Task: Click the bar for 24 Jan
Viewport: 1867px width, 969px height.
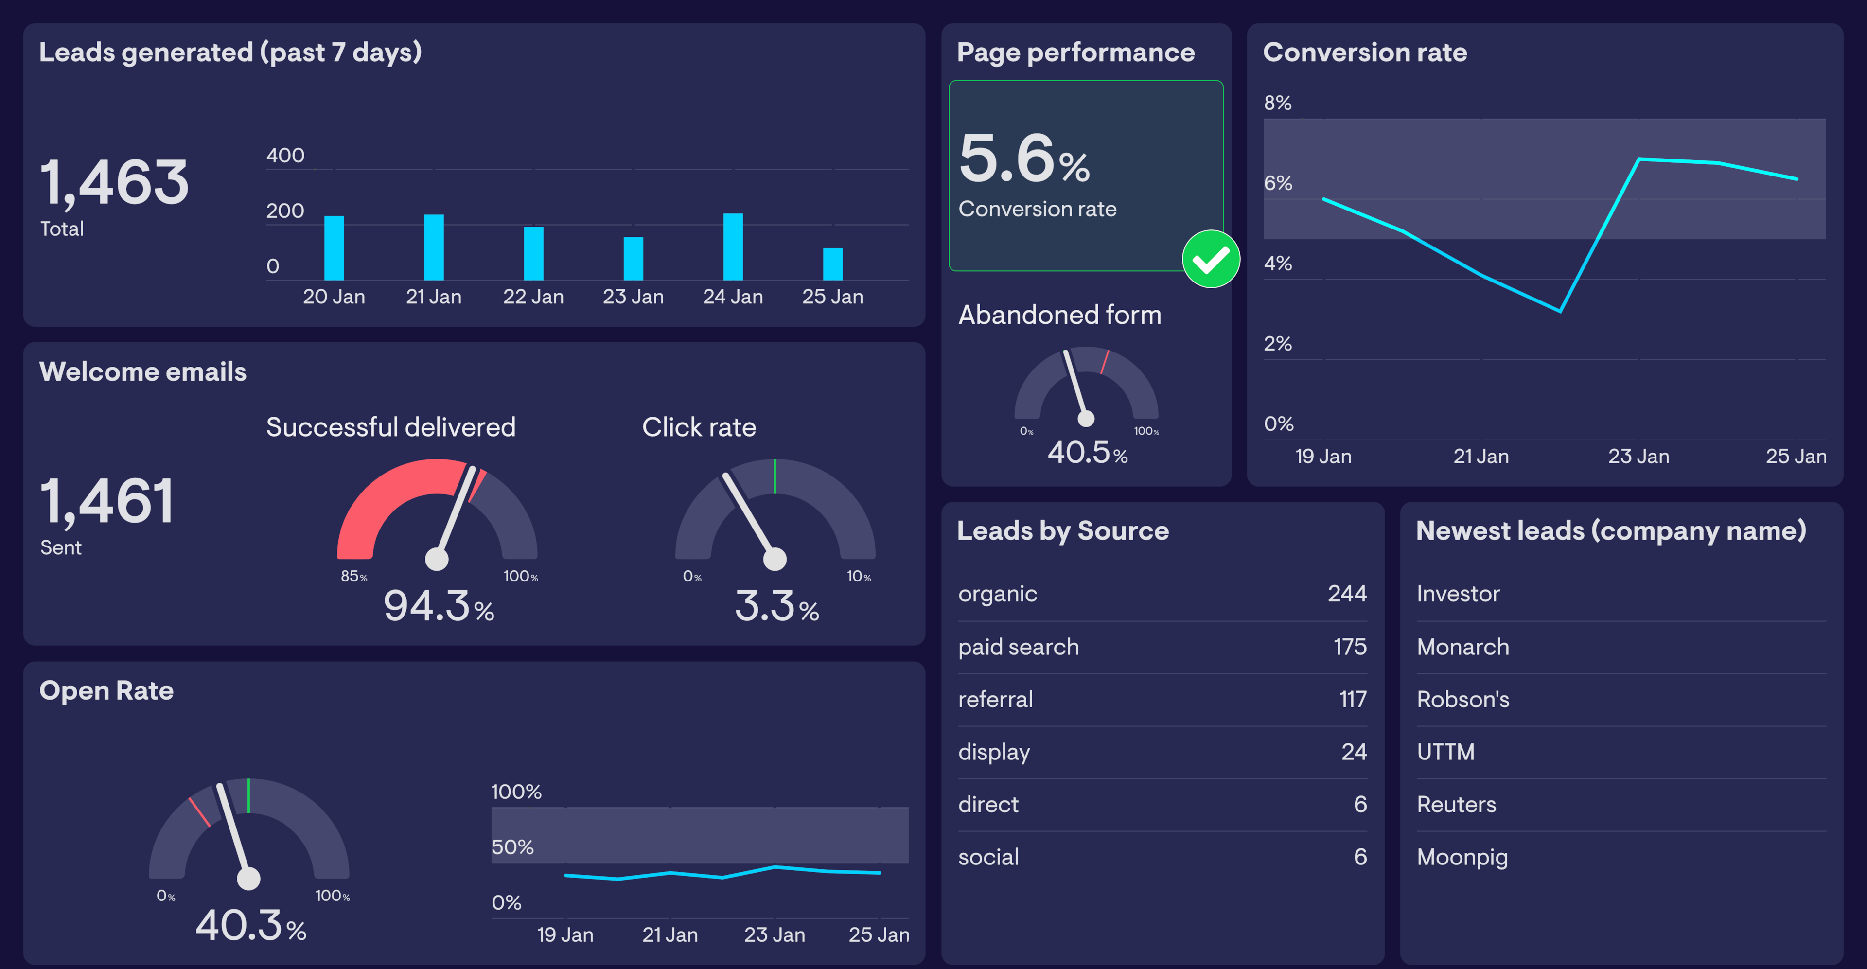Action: [x=733, y=247]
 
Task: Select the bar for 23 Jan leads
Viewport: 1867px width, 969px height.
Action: [x=633, y=258]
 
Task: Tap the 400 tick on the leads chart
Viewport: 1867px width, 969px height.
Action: [x=285, y=155]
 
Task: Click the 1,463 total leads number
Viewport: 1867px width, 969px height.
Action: [x=115, y=183]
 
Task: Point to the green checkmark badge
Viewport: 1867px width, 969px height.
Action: [x=1210, y=259]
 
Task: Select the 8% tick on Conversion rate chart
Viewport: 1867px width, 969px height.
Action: [x=1277, y=103]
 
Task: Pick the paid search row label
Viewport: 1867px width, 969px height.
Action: [x=1018, y=647]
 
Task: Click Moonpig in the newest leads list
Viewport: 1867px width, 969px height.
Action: [x=1462, y=857]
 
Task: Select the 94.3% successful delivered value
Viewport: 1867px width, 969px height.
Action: [x=438, y=606]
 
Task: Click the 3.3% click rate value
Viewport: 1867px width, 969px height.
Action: [x=775, y=606]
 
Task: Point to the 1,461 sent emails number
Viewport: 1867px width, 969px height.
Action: [x=107, y=502]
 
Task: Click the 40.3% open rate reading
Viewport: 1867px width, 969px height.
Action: [x=250, y=926]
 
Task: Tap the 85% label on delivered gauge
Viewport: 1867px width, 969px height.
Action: [x=353, y=576]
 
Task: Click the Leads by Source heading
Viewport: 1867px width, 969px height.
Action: [x=1062, y=530]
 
